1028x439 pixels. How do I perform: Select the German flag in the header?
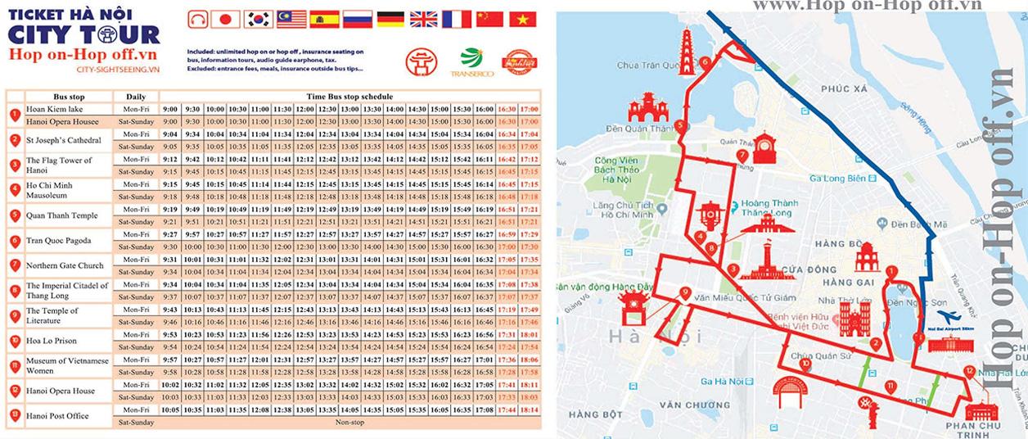click(389, 19)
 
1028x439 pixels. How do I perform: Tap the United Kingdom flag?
click(422, 19)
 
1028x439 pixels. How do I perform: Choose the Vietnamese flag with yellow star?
click(521, 19)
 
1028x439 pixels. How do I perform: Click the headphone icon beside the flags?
click(196, 19)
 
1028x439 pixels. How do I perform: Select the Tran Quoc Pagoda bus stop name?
click(59, 241)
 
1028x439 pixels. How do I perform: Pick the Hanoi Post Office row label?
click(57, 416)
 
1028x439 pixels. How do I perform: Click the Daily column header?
click(136, 97)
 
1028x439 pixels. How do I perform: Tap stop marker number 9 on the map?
click(684, 292)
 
